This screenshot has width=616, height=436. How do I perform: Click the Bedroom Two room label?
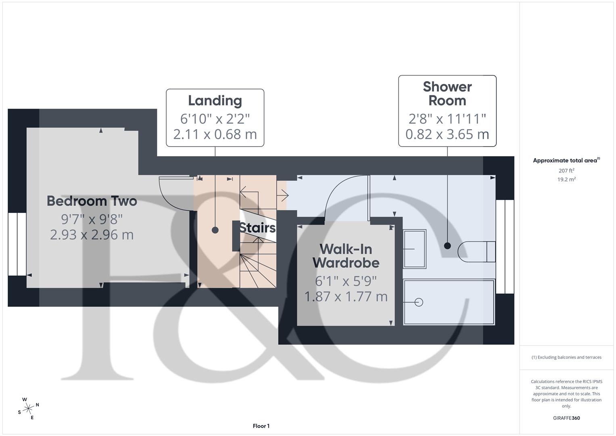point(92,201)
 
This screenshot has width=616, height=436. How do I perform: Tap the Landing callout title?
point(215,101)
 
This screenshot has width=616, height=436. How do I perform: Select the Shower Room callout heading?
point(447,94)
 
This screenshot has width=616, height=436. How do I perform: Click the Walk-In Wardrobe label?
point(346,256)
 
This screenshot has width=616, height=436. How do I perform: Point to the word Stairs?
point(257,228)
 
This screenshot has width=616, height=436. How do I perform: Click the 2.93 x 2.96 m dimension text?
point(92,235)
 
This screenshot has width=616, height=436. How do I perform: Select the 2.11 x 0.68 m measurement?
point(215,134)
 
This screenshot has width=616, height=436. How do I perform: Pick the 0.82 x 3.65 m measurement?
point(447,134)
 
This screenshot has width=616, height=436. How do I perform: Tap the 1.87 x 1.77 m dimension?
point(346,297)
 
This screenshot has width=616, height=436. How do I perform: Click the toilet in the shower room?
point(476,252)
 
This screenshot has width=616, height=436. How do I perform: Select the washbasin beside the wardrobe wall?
point(414,249)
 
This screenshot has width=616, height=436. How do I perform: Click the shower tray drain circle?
point(419,302)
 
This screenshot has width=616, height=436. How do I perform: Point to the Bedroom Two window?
point(17,244)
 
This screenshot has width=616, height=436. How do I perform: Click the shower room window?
point(505,246)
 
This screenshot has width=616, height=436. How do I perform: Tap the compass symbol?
point(28,409)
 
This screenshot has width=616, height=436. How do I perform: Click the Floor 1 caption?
point(261,426)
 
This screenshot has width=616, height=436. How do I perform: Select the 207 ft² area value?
point(566,171)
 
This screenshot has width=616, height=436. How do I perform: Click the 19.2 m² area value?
point(566,180)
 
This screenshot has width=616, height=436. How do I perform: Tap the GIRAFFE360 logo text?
point(566,418)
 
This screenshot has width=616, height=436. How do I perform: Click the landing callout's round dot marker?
point(215,230)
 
